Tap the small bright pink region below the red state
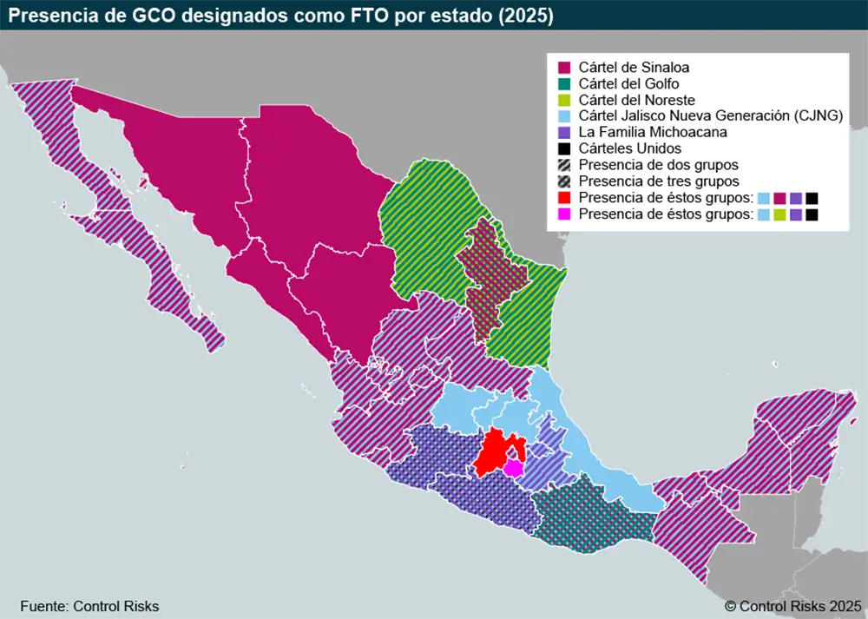coord(514,469)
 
